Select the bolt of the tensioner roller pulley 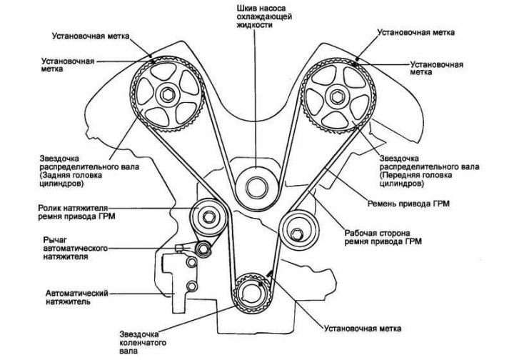point(208,216)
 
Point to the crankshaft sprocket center point(252,294)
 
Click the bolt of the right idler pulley point(297,234)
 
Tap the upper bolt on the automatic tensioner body point(191,261)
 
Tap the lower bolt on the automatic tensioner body point(191,286)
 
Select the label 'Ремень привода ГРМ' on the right point(408,204)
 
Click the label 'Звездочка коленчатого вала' point(143,343)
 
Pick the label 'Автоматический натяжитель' point(76,297)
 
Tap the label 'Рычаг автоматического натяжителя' point(76,248)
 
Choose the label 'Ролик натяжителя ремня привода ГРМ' point(76,212)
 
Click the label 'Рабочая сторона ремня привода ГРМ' point(383,237)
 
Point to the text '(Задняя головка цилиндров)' point(71,179)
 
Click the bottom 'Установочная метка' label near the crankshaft point(363,328)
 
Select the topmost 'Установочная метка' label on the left point(91,36)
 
